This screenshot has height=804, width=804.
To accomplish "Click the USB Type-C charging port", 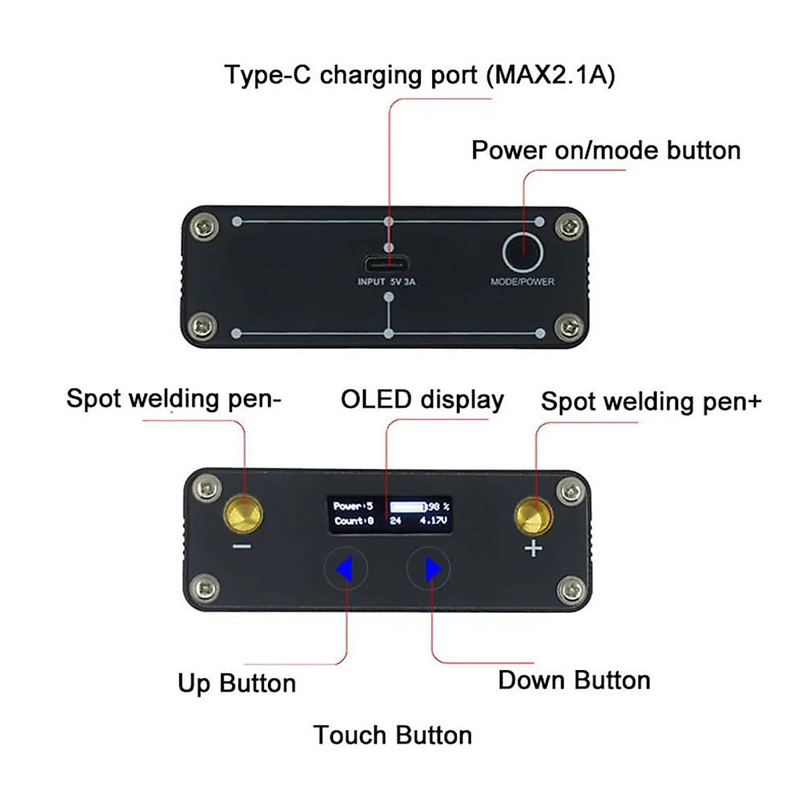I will tap(389, 263).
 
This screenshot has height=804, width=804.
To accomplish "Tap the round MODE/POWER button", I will tap(523, 252).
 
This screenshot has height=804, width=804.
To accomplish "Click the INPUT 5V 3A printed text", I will tap(387, 282).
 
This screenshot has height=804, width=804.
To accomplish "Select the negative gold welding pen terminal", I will tap(243, 515).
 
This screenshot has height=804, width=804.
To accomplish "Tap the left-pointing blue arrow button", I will tap(345, 569).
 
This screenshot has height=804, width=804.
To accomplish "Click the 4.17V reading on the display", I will tap(433, 521).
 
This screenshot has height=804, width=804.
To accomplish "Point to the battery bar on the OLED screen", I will tap(407, 507).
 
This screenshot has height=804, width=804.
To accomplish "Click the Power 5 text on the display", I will tap(353, 507).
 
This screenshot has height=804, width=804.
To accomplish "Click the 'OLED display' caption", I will tap(422, 399).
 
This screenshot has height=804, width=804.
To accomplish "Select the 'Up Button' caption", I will tap(237, 683).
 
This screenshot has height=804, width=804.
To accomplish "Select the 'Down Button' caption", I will tap(574, 680).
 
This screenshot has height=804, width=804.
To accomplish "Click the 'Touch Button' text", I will tap(393, 735).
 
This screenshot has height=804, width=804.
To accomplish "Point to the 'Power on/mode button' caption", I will tap(606, 150).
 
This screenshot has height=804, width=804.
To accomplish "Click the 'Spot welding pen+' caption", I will tap(651, 401).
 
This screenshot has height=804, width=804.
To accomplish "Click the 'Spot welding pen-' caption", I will tap(174, 399).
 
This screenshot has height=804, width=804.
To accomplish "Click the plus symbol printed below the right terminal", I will tap(533, 549).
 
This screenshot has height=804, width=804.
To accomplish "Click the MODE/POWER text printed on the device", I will tap(523, 282).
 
